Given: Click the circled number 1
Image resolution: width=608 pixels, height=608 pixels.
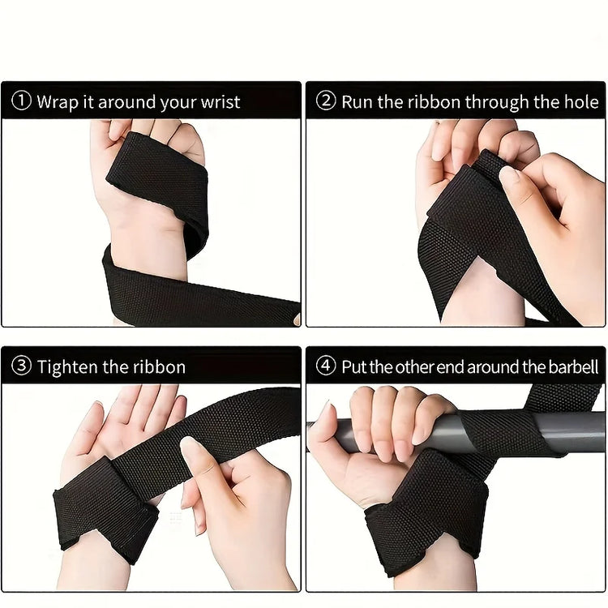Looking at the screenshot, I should pyautogui.click(x=22, y=102).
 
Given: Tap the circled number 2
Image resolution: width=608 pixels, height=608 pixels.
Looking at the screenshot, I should pyautogui.click(x=326, y=101).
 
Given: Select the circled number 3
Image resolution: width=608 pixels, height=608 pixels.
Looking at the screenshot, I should pyautogui.click(x=22, y=366).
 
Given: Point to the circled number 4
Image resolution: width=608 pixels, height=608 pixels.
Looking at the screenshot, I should pyautogui.click(x=326, y=366).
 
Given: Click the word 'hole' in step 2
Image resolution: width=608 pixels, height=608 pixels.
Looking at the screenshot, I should pyautogui.click(x=580, y=102).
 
